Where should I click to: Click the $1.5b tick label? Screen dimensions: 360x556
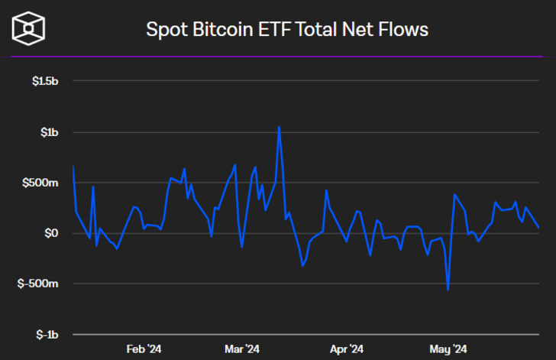click(44, 81)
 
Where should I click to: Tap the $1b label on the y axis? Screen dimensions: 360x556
click(48, 132)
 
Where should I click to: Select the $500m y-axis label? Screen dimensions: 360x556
click(41, 183)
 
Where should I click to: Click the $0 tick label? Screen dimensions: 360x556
click(50, 233)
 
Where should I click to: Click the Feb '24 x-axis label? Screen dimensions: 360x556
click(144, 349)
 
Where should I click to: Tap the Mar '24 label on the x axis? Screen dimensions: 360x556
click(243, 349)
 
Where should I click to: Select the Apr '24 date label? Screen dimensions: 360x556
click(346, 349)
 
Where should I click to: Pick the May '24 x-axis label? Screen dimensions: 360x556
click(449, 349)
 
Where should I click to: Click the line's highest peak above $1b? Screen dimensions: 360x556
click(279, 127)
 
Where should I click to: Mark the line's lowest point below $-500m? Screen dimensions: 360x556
click(448, 290)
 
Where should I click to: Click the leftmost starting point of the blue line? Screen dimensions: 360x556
click(73, 166)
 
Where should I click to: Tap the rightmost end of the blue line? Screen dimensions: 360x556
click(539, 227)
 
